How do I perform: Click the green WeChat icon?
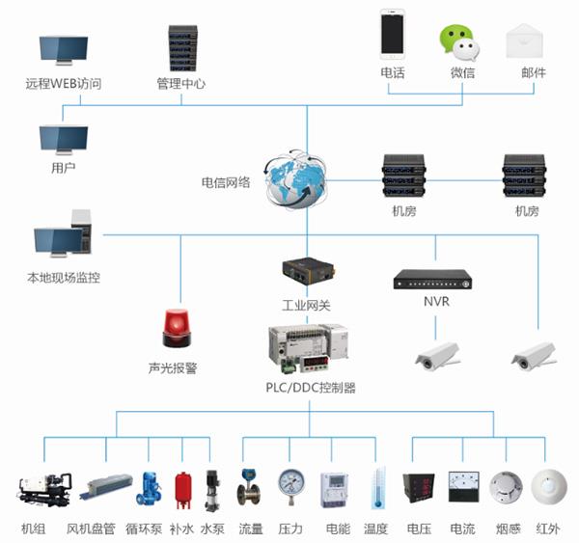(459, 42)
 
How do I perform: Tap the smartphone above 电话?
(393, 35)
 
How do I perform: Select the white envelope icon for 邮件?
(524, 41)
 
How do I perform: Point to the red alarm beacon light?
(177, 328)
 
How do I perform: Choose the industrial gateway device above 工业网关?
(309, 271)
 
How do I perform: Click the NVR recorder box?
(432, 280)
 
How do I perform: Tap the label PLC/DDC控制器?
(311, 388)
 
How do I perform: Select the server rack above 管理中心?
(182, 48)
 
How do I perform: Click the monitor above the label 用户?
(64, 140)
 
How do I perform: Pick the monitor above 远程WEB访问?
(64, 50)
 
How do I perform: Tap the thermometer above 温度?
(377, 487)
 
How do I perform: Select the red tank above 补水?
(183, 490)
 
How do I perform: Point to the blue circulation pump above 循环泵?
(149, 488)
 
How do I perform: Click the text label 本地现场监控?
(64, 278)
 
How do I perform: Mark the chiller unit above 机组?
(44, 489)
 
